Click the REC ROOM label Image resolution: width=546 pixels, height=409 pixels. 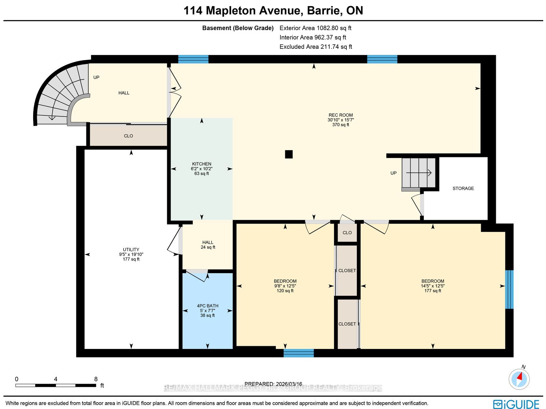point(341,115)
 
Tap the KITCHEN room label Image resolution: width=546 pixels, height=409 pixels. point(201,164)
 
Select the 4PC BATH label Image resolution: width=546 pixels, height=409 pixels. point(207,306)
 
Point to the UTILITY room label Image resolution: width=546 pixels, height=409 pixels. point(131,250)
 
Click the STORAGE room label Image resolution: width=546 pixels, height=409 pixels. point(463,188)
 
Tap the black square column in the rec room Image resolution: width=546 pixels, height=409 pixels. point(289,154)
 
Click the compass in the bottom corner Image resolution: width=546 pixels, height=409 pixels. point(519,379)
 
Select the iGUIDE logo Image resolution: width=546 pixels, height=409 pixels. point(516,404)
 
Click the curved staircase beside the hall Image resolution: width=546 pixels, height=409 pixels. point(60,95)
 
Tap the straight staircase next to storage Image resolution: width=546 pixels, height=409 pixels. point(419,173)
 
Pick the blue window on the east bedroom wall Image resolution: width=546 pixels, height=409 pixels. point(509,289)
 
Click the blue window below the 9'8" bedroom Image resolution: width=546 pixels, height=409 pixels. point(299,353)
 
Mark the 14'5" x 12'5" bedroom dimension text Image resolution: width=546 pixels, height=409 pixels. point(433,286)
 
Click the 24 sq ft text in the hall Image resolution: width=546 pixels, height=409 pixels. point(208,247)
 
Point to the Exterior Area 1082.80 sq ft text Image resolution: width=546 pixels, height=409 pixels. point(315,28)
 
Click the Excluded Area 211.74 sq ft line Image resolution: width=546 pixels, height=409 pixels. point(316,46)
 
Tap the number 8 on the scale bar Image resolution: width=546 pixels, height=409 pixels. point(96,379)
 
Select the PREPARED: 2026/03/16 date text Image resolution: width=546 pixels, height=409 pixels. point(273,384)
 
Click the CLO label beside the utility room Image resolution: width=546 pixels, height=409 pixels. point(128,136)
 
